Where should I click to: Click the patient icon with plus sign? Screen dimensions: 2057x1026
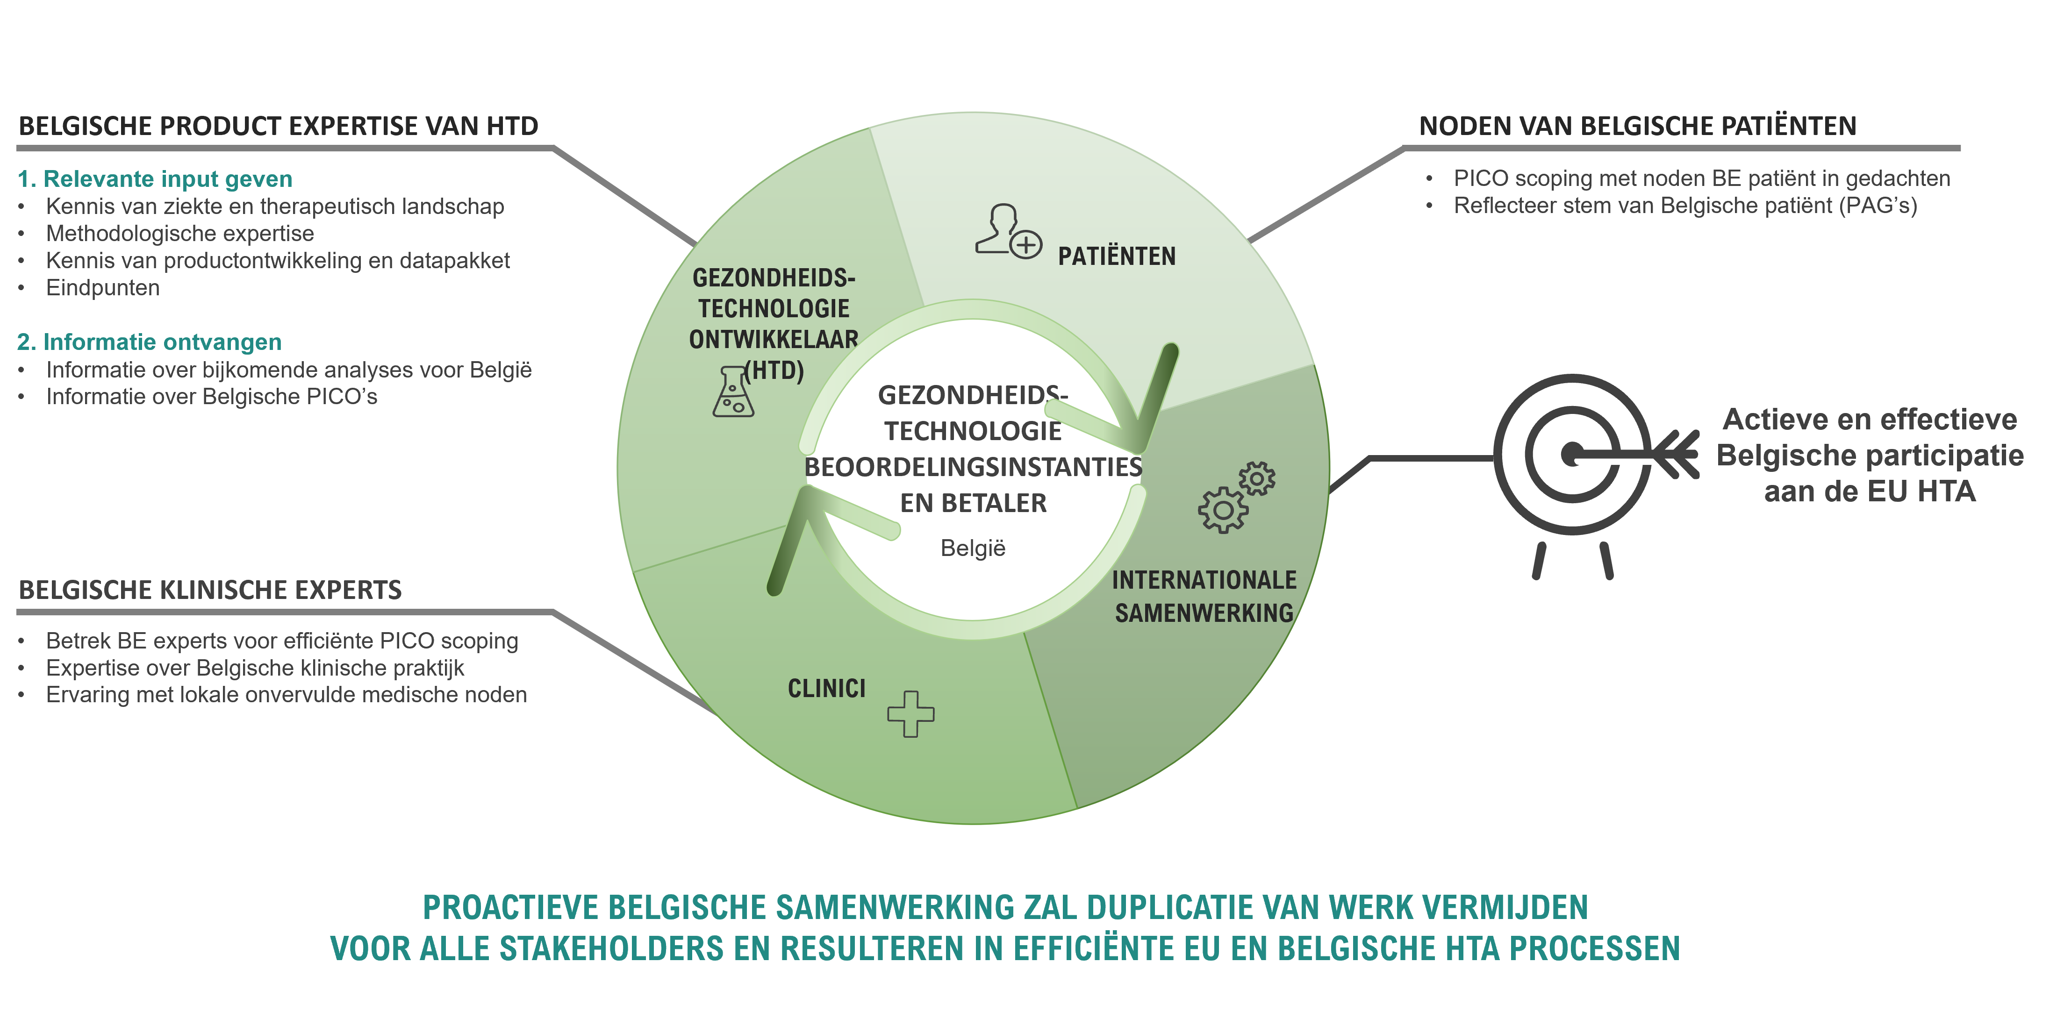click(x=1008, y=232)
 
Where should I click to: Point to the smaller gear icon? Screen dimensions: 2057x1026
click(x=1257, y=478)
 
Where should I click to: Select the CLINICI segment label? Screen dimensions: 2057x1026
click(x=826, y=688)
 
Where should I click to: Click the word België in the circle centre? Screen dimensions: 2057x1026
click(x=973, y=549)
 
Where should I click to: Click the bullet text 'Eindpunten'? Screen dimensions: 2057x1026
click(x=103, y=287)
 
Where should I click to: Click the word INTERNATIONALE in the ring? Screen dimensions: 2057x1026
click(x=1204, y=580)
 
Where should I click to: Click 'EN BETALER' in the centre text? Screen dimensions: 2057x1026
click(x=974, y=503)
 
